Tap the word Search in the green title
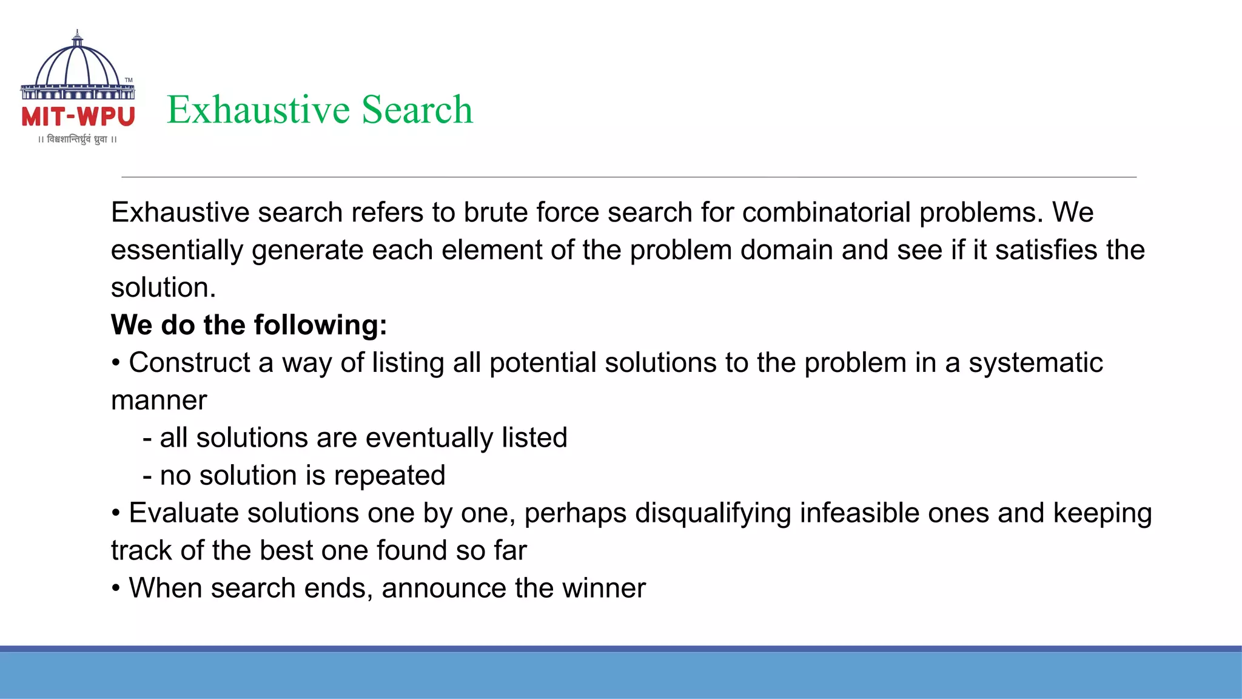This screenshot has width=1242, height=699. pyautogui.click(x=417, y=110)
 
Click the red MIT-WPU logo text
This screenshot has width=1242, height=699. pyautogui.click(x=78, y=116)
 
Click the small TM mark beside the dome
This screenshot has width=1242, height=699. pyautogui.click(x=129, y=80)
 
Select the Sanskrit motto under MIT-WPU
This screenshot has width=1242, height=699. pyautogui.click(x=78, y=140)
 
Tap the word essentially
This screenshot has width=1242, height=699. pyautogui.click(x=176, y=251)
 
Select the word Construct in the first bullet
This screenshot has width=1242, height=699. pyautogui.click(x=189, y=363)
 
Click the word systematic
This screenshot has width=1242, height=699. pyautogui.click(x=1035, y=363)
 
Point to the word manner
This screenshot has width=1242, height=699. pyautogui.click(x=159, y=400)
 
